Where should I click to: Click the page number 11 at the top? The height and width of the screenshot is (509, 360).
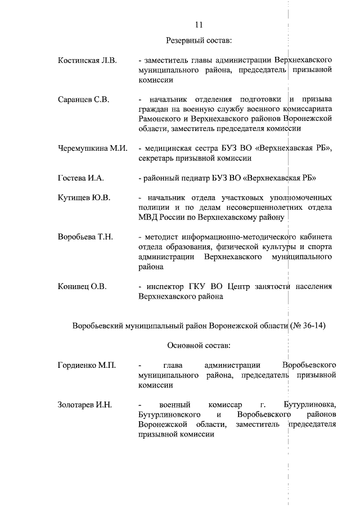[199, 25]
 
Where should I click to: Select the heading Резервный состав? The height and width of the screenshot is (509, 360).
[199, 41]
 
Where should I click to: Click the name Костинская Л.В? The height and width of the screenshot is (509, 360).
[87, 60]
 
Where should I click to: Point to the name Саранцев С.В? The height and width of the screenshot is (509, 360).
[83, 100]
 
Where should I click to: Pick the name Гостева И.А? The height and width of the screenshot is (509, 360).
[81, 178]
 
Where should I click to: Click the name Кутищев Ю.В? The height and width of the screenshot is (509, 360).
[84, 198]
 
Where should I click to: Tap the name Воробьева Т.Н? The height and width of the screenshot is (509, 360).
[85, 237]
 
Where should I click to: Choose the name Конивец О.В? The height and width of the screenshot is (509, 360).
[82, 286]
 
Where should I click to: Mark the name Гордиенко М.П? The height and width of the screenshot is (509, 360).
[87, 366]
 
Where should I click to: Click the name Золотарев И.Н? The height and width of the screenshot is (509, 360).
[85, 405]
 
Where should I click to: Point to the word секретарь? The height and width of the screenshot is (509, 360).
[157, 159]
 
